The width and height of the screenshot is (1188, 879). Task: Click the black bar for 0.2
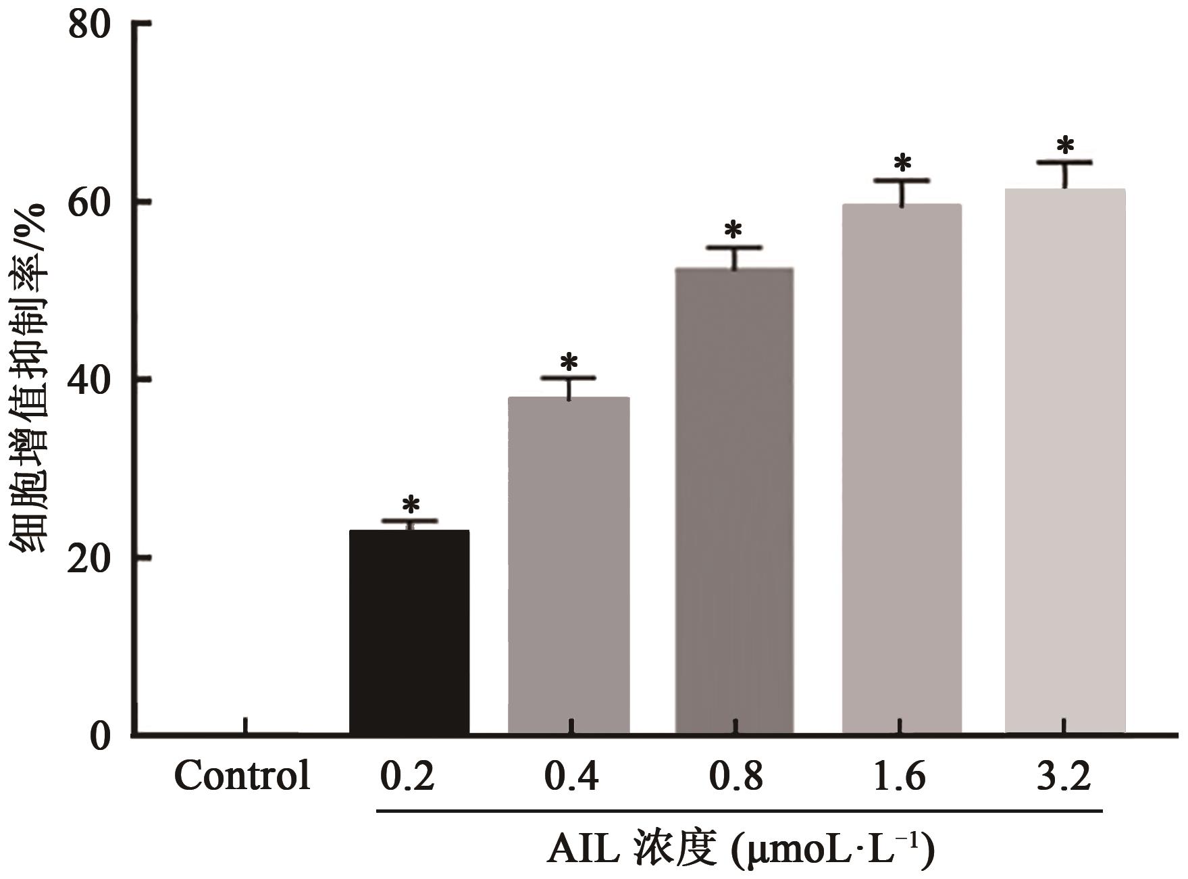409,632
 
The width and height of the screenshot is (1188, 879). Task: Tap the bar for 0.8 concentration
734,501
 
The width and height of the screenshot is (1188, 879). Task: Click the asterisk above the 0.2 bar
410,505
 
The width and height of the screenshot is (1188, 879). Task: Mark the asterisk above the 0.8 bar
733,230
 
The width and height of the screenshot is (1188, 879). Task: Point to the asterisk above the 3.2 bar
1065,145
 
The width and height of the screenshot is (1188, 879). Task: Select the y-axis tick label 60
89,203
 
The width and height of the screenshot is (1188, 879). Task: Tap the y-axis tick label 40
89,380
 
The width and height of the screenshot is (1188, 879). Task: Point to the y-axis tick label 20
89,558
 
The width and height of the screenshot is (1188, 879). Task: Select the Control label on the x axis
242,776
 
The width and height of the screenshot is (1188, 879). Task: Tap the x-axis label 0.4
571,776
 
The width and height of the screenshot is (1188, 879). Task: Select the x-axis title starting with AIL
740,850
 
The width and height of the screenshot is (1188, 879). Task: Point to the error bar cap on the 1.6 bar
902,180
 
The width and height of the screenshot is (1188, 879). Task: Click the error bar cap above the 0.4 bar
568,377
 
